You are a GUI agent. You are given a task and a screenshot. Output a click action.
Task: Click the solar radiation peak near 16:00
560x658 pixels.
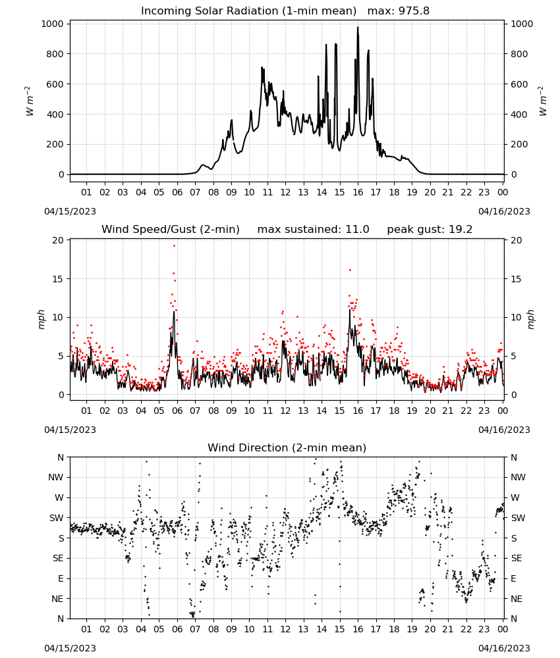[x=358, y=28]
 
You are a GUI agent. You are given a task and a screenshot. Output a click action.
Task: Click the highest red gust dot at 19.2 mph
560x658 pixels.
[x=175, y=246]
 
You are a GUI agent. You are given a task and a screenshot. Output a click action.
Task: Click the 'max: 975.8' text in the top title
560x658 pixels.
[x=399, y=11]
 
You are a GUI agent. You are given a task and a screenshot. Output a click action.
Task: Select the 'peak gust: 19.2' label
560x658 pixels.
[x=430, y=230]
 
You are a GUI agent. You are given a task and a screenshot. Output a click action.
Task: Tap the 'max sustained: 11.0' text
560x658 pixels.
[x=313, y=230]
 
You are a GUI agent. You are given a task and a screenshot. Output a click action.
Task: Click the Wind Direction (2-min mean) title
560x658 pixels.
[x=287, y=447]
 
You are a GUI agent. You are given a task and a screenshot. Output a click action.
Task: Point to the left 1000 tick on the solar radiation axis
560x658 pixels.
[x=52, y=24]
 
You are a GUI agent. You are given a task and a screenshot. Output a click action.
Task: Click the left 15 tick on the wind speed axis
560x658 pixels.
[x=58, y=279]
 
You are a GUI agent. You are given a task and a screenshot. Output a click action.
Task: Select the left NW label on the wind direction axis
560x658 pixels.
[x=56, y=478]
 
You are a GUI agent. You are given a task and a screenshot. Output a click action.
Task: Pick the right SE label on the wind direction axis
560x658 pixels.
[x=517, y=559]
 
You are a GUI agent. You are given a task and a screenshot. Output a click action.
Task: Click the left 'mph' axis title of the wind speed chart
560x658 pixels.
[x=41, y=319]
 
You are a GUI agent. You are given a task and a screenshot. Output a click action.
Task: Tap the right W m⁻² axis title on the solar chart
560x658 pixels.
[x=542, y=101]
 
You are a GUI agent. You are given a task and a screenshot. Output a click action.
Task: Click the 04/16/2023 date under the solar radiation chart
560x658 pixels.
[x=504, y=211]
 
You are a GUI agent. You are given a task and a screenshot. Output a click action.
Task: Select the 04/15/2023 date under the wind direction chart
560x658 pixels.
[x=70, y=648]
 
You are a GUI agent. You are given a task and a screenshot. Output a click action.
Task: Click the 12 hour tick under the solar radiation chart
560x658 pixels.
[x=285, y=193]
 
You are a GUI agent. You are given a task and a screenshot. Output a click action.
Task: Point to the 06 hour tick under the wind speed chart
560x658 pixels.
[x=177, y=411]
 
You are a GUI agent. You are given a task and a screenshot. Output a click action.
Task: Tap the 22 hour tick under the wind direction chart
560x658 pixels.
[x=466, y=630]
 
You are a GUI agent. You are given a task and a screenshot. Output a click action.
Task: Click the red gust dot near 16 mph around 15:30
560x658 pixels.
[x=350, y=270]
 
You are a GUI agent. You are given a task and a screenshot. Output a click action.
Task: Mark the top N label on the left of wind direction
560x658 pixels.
[x=61, y=458]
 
